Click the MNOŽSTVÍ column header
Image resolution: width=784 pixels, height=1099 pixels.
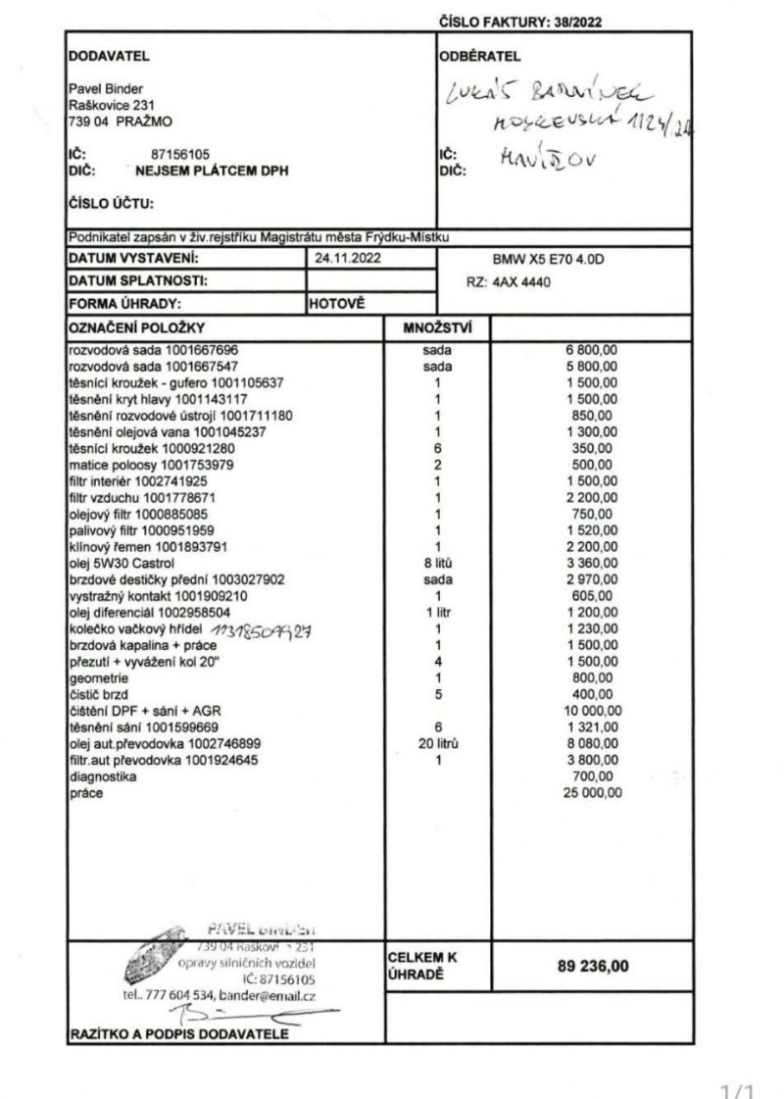click(438, 327)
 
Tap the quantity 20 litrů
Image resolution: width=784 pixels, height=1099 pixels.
click(438, 744)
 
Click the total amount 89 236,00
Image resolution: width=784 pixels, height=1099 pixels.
click(593, 966)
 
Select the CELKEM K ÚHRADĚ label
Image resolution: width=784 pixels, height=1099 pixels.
click(422, 965)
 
